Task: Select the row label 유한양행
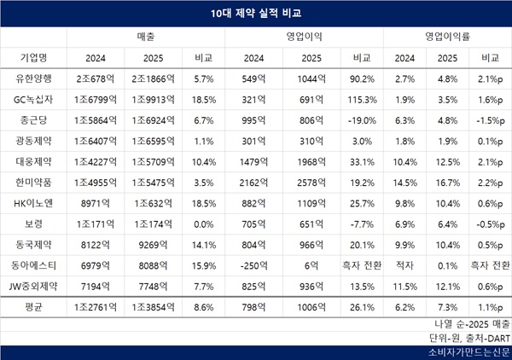(x=34, y=78)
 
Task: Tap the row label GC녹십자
(x=34, y=99)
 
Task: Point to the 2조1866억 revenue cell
(x=154, y=78)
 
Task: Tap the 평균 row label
(x=34, y=305)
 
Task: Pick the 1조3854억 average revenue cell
(x=154, y=305)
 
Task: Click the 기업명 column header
(x=34, y=57)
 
